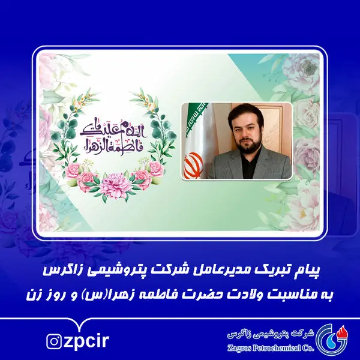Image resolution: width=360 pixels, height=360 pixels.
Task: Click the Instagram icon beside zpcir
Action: point(54,341)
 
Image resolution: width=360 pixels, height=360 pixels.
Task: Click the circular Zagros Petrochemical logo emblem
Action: point(329,337)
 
